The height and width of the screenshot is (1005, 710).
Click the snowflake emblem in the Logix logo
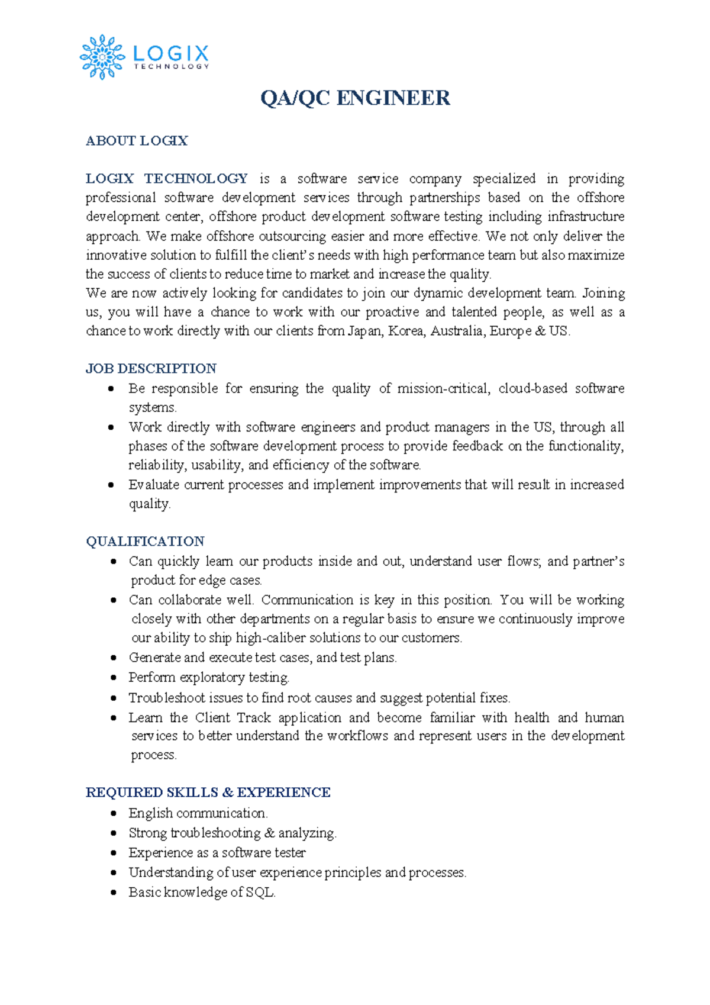[102, 57]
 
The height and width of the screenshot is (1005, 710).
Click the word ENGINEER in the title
[393, 98]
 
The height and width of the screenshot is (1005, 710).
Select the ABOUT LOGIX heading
[137, 141]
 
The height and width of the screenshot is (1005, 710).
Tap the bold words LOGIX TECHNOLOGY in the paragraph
[167, 179]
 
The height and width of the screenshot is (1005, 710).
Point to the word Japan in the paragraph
[364, 331]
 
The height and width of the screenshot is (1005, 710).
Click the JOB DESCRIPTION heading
[151, 369]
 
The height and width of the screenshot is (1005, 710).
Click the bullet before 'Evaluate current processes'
[111, 485]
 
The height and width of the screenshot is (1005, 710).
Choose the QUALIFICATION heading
[145, 542]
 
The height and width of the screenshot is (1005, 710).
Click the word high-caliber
[270, 638]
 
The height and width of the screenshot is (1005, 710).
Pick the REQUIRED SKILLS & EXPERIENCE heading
[208, 793]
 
